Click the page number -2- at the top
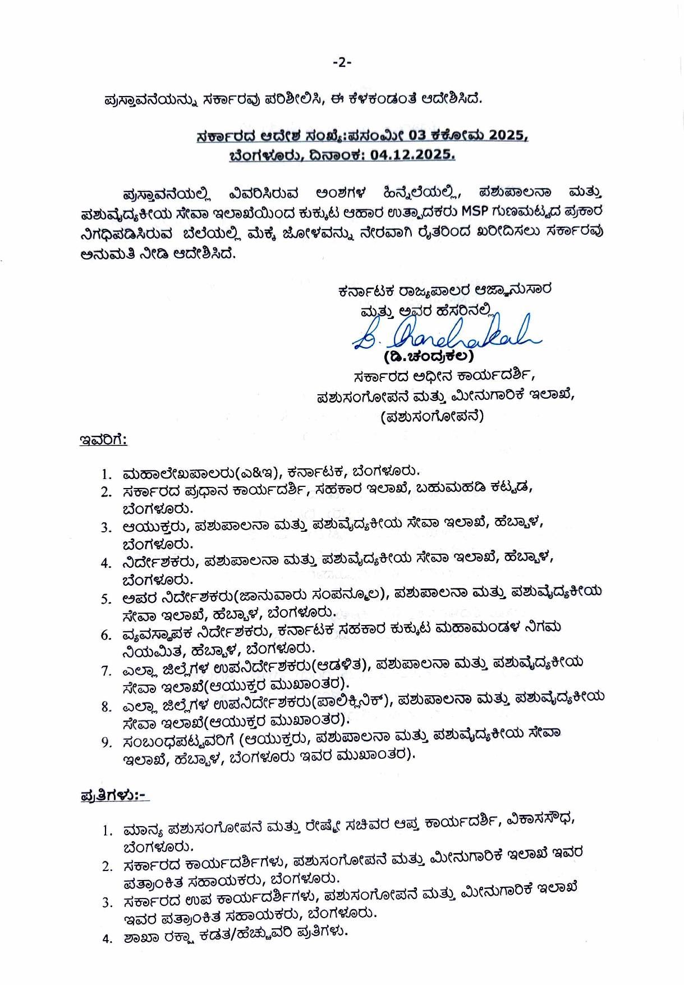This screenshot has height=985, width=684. point(341,62)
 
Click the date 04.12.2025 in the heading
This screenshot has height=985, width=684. point(412,155)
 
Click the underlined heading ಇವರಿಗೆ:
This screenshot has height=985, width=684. point(103,440)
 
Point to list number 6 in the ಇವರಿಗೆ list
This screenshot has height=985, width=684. point(107,635)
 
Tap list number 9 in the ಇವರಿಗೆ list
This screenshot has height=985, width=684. point(107,742)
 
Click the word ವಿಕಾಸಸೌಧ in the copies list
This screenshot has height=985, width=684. point(540,821)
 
